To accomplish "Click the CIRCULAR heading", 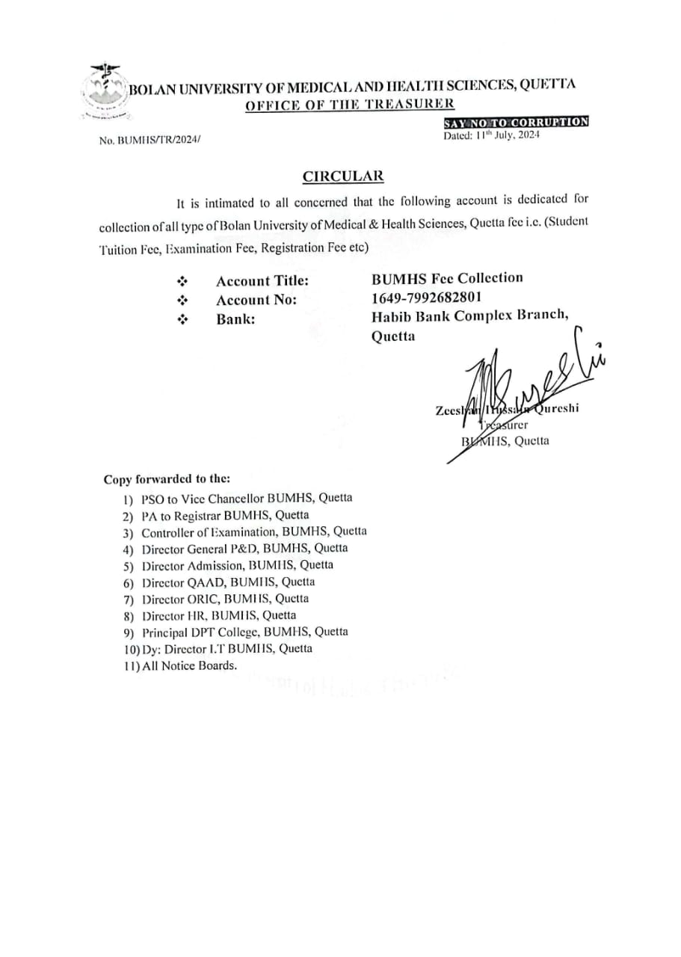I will pos(343,176).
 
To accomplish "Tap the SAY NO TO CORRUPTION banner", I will pos(516,123).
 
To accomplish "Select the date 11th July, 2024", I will pos(491,135).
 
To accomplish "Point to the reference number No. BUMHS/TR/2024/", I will pos(150,141).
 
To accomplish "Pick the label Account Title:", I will pos(262,281).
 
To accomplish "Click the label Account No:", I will pos(256,300).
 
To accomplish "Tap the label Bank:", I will pos(235,319).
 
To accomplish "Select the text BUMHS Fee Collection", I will pos(447,278).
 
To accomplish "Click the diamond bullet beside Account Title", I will pos(181,282).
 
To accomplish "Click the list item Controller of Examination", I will pos(253,532).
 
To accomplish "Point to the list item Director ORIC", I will pos(224,599).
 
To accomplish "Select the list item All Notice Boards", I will pos(189,665).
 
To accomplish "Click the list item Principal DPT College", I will pos(244,632).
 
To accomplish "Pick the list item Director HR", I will pos(218,615).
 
